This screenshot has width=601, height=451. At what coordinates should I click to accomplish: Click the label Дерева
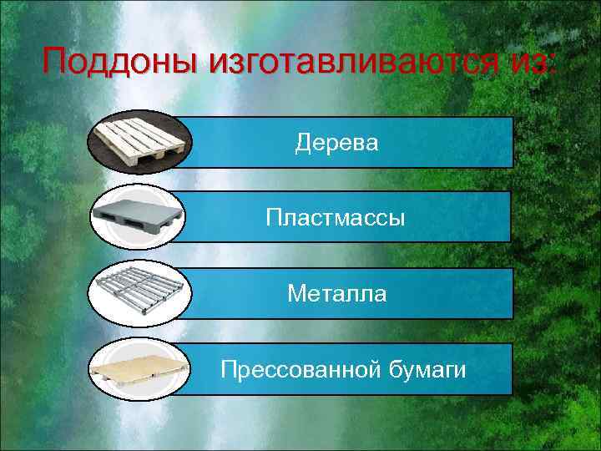[336, 143]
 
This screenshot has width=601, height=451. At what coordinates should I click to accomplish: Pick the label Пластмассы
[336, 218]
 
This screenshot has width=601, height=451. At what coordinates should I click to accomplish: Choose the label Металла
[336, 293]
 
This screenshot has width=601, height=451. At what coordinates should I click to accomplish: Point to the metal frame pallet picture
[139, 292]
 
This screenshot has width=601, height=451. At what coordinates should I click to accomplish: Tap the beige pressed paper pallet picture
[138, 368]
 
